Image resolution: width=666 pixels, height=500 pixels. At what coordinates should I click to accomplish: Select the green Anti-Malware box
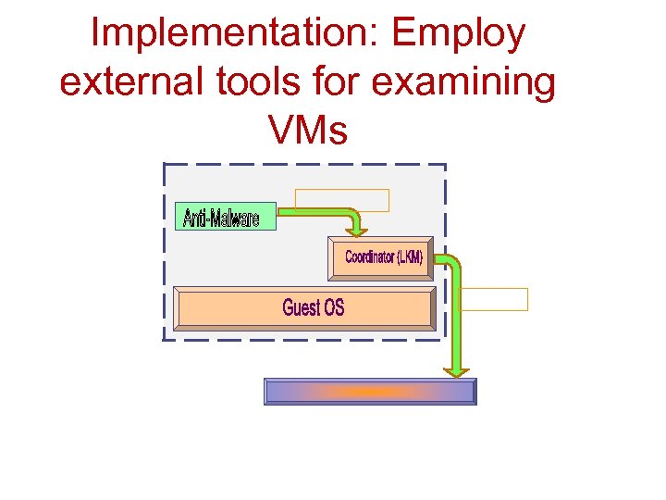point(225,217)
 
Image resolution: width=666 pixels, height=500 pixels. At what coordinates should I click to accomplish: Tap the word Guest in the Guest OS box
point(300,307)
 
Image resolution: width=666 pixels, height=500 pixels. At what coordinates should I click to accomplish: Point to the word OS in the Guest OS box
point(333,307)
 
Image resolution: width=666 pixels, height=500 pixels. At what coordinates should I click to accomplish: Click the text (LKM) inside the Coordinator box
point(409,257)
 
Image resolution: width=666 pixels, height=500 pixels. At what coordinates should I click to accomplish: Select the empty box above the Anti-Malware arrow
point(342,200)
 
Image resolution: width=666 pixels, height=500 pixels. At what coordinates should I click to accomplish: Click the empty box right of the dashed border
point(494,299)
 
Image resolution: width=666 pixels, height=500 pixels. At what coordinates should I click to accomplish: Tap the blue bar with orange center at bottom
point(370,392)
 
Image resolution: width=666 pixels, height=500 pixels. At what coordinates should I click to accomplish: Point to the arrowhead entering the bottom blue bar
point(457,371)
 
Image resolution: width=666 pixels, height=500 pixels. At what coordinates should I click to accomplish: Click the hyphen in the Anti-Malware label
point(209,219)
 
